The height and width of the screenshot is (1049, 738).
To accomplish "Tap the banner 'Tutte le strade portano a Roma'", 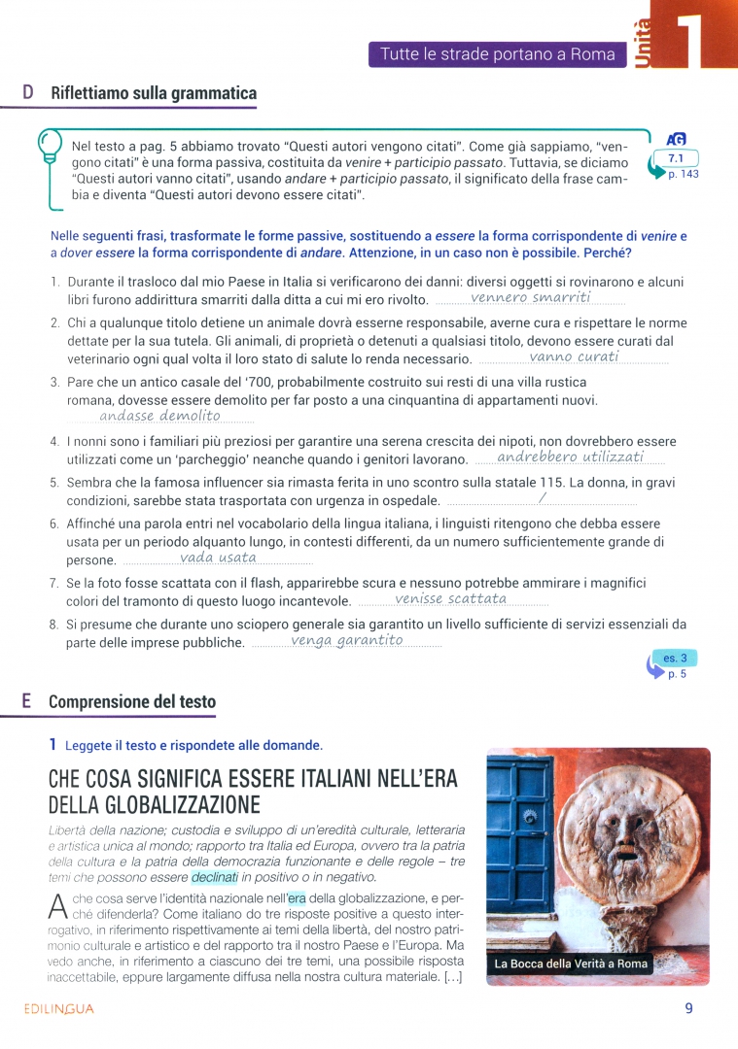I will tap(497, 54).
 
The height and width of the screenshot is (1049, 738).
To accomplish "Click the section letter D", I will tap(28, 93).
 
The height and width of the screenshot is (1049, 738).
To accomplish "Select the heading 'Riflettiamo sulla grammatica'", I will tap(153, 93).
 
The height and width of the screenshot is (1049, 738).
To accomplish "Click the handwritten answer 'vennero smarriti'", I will tap(530, 297).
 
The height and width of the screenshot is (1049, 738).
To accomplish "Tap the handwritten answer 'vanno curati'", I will tap(574, 356).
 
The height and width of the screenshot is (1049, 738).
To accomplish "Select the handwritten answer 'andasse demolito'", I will tap(159, 416).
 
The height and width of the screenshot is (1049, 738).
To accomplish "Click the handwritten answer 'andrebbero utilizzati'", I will tap(570, 457).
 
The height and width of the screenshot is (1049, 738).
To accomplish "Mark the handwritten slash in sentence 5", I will tap(543, 498).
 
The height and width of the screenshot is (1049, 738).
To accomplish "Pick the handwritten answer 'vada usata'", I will tap(218, 558).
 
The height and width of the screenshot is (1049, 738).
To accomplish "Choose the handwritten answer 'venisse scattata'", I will tap(451, 599).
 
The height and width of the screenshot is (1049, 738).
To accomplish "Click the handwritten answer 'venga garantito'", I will tap(346, 640).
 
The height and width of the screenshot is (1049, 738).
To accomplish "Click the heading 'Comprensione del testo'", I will tap(132, 701).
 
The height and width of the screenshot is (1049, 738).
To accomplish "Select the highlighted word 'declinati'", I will tap(214, 877).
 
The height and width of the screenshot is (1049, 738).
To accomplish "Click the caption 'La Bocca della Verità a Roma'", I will tap(571, 964).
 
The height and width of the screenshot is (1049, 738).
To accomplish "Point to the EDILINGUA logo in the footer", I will tap(59, 1008).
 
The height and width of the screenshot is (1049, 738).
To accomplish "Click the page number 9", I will tap(688, 1008).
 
